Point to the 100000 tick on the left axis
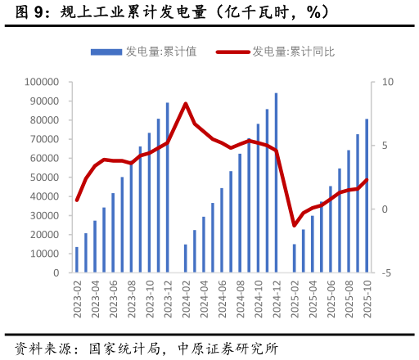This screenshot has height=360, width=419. (x=42, y=82)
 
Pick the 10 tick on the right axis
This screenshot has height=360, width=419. (x=387, y=82)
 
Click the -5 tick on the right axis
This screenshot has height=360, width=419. (x=386, y=273)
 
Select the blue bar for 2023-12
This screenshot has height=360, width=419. (x=168, y=188)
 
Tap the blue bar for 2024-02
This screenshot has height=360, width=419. (x=186, y=259)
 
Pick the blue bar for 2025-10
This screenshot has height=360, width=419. (x=367, y=196)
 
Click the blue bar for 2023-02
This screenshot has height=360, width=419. (x=77, y=260)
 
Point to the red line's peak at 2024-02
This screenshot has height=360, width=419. (x=186, y=104)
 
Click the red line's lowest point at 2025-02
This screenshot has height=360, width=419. (x=295, y=225)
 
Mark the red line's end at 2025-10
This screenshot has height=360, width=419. (x=367, y=180)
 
